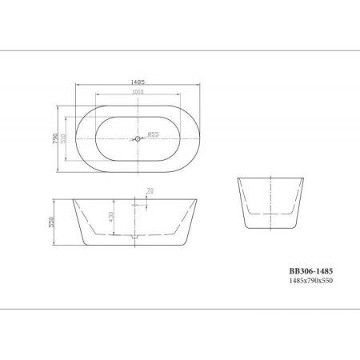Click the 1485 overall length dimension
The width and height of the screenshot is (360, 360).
tap(138, 80)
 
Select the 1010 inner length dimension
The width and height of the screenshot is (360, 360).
tap(138, 92)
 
